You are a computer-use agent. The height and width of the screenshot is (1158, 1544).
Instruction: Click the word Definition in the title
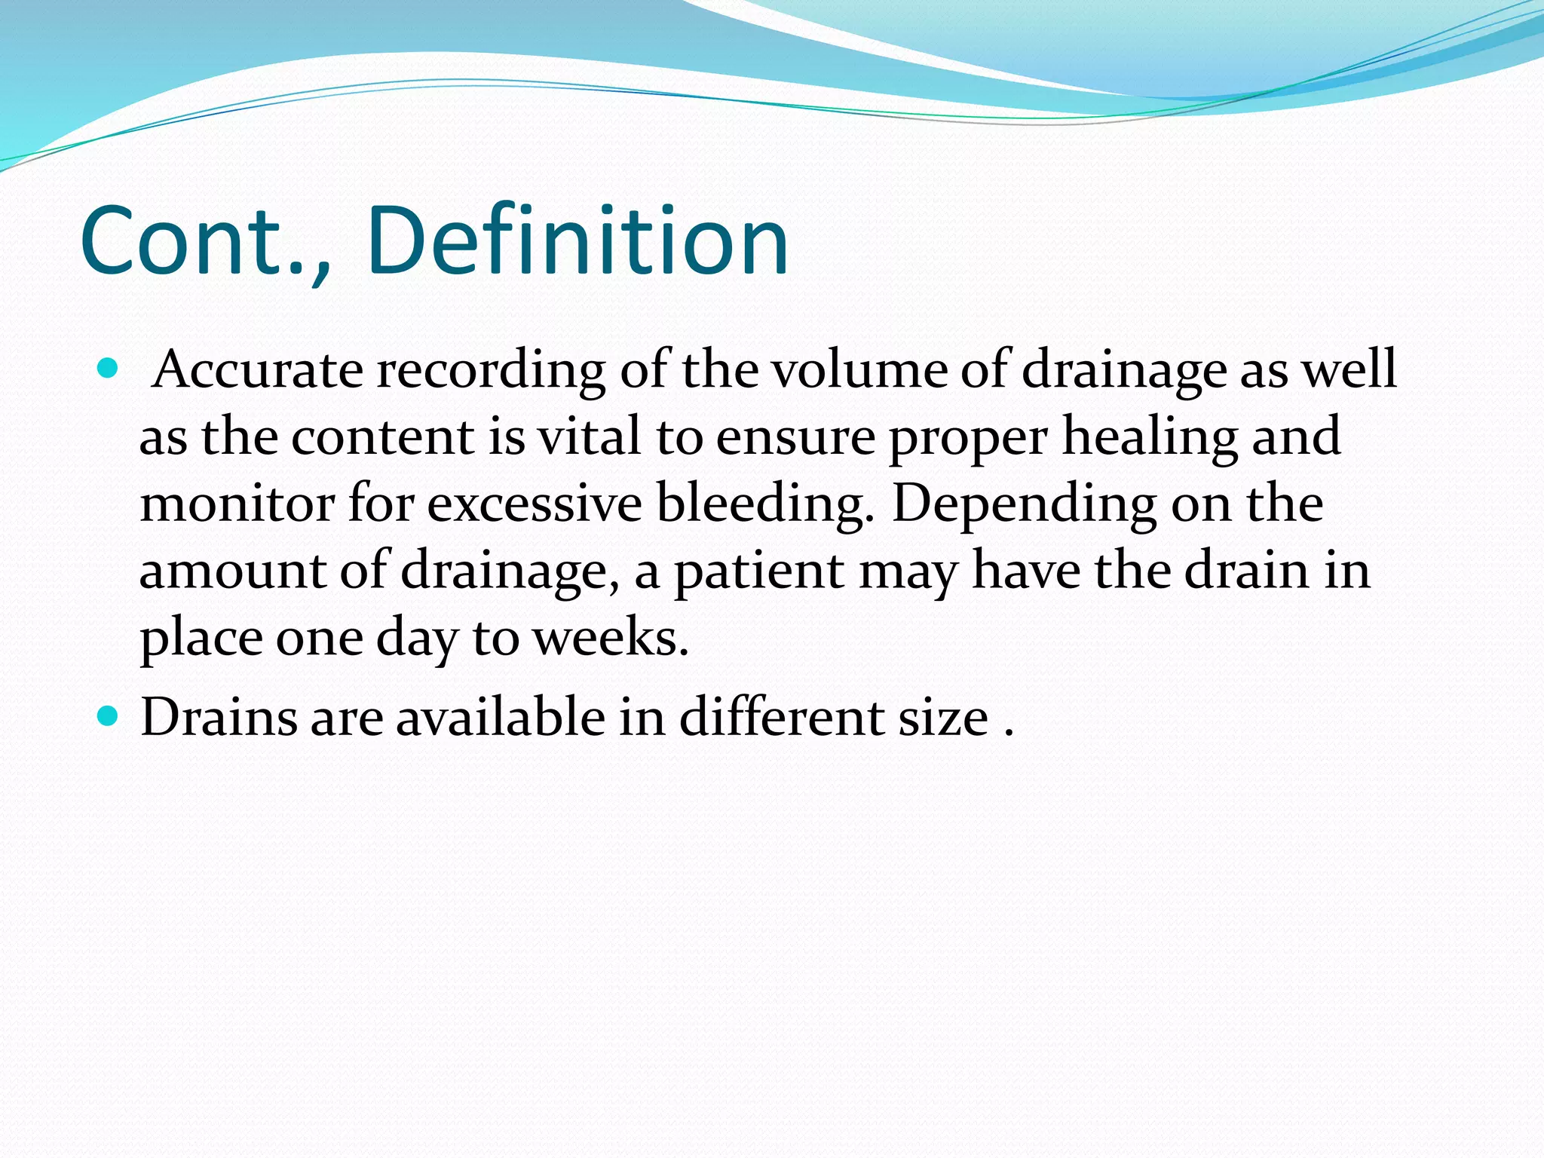click(577, 240)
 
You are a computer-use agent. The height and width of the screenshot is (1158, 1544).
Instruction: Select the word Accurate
click(257, 369)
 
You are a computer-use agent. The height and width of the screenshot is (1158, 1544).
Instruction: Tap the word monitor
click(237, 504)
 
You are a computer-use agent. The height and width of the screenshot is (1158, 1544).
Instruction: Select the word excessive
click(535, 504)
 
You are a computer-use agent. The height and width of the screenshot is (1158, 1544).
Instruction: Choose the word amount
click(232, 571)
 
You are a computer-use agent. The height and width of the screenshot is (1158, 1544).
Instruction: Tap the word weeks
click(610, 638)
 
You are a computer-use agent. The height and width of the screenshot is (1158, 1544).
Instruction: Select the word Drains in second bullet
click(219, 716)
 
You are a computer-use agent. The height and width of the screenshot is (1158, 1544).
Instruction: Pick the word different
click(781, 716)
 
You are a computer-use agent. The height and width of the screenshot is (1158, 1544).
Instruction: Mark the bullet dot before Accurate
click(109, 369)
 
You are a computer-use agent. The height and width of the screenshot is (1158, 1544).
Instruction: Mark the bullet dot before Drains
click(109, 715)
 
